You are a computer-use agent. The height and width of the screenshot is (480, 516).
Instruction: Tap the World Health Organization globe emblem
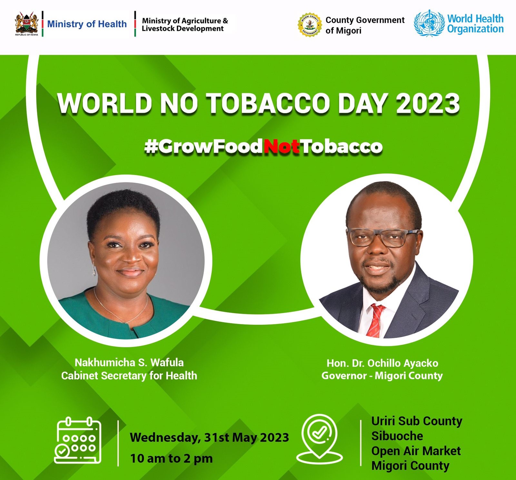[429, 23]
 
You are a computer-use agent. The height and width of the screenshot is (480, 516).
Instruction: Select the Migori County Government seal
[310, 24]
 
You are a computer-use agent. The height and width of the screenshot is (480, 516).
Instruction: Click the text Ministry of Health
[87, 24]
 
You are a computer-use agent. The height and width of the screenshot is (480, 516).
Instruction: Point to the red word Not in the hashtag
[282, 147]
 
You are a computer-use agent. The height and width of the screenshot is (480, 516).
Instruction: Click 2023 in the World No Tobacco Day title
[428, 104]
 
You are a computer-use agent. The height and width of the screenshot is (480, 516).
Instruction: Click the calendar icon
[78, 440]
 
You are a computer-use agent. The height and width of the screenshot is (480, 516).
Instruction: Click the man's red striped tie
[376, 321]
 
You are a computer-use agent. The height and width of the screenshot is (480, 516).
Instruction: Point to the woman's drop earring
[94, 269]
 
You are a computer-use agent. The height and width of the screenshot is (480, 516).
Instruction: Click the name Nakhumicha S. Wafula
[129, 363]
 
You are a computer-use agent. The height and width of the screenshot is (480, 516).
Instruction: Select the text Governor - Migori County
[382, 376]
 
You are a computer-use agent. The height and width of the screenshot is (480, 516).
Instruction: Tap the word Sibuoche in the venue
[397, 436]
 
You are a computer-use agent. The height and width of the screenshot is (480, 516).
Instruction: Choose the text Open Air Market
[416, 451]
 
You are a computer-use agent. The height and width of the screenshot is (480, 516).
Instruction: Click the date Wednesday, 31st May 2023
[209, 438]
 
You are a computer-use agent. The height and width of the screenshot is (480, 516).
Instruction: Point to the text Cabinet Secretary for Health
[129, 376]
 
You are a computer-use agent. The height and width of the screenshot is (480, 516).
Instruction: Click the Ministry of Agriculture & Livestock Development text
[185, 24]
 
